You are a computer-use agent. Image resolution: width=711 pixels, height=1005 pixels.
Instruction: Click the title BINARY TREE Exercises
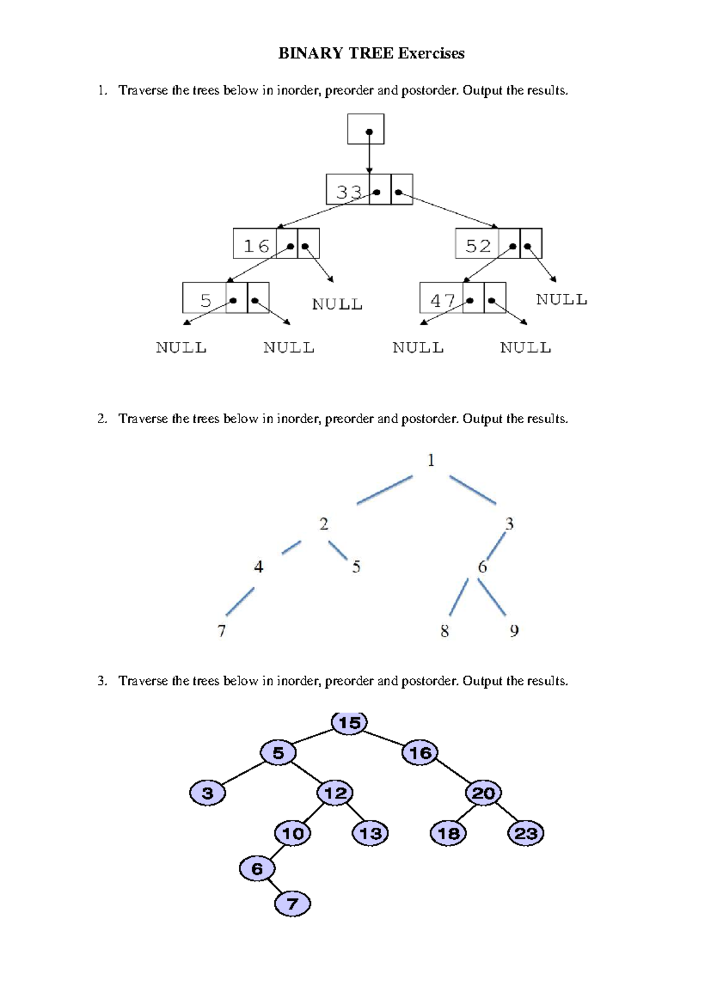click(371, 53)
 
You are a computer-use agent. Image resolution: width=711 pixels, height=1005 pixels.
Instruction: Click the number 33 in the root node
click(349, 192)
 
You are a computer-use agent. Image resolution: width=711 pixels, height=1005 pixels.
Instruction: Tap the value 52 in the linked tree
click(478, 245)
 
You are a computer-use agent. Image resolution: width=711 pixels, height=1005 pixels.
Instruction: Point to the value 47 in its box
click(443, 300)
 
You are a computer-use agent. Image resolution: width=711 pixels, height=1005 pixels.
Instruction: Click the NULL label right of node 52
click(561, 300)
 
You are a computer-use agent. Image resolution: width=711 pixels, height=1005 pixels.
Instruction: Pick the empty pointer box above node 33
click(366, 129)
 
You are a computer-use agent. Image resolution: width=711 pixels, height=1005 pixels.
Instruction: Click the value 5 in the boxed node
click(206, 300)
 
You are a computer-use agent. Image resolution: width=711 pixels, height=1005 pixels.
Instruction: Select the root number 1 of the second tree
click(431, 460)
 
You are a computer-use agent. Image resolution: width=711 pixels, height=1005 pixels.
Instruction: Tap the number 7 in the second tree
click(222, 630)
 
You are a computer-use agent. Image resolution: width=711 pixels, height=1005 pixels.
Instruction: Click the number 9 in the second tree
click(514, 630)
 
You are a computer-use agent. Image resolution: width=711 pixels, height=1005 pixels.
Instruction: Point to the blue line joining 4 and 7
click(240, 601)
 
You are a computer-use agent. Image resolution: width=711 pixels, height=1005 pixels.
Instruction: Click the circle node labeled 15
click(350, 723)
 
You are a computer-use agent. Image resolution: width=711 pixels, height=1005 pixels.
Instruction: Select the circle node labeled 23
click(526, 834)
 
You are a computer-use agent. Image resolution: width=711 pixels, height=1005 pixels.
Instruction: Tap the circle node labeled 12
click(335, 793)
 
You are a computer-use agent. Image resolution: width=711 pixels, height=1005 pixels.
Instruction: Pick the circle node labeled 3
click(207, 793)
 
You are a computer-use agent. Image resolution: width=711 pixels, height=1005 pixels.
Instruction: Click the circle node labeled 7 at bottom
click(293, 904)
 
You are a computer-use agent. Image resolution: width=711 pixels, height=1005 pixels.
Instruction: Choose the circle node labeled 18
click(448, 834)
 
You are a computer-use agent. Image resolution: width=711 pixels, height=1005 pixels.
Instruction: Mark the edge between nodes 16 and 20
click(453, 773)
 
